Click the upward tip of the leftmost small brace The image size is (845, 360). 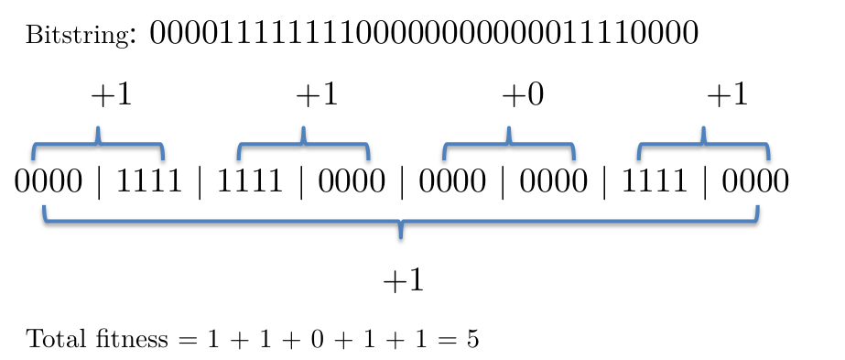click(x=98, y=127)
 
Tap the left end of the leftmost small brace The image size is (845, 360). click(x=34, y=158)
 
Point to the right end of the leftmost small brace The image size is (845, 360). click(x=163, y=158)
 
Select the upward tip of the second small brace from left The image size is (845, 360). click(x=303, y=127)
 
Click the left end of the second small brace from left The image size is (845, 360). click(x=239, y=158)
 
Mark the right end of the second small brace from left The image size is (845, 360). click(x=368, y=158)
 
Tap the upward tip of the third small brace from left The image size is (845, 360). click(x=508, y=127)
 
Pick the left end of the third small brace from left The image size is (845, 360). click(x=445, y=158)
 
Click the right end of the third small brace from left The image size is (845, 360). click(x=574, y=158)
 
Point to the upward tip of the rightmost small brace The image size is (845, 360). click(x=703, y=127)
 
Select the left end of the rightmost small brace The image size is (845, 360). click(x=639, y=158)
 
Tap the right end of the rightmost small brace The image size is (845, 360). click(x=768, y=158)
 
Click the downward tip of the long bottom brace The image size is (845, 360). click(x=400, y=237)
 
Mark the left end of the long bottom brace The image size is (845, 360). click(x=44, y=206)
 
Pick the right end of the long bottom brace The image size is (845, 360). click(x=757, y=206)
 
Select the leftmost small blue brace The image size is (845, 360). click(x=98, y=144)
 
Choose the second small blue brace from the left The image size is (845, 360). click(x=303, y=144)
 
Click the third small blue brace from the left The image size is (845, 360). click(x=508, y=144)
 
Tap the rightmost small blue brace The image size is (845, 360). click(x=703, y=144)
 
